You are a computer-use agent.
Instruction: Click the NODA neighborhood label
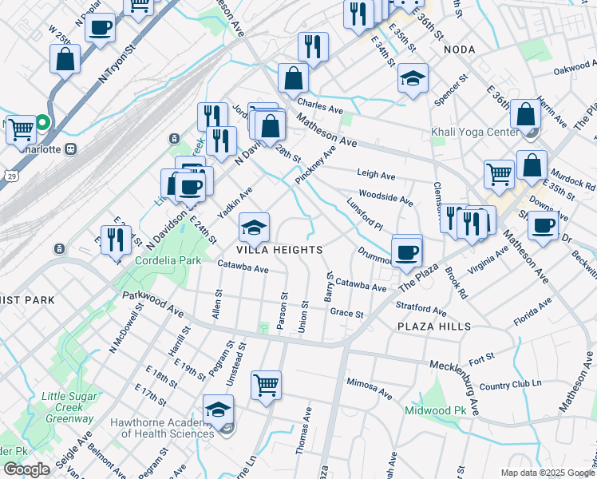(x=460, y=49)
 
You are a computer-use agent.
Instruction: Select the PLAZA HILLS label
(x=434, y=327)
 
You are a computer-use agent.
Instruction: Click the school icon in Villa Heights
(x=254, y=228)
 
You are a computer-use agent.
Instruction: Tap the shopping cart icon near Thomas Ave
(x=266, y=385)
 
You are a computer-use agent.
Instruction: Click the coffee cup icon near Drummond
(x=406, y=251)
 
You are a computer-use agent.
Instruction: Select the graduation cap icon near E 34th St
(x=413, y=78)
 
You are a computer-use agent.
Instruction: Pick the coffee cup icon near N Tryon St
(x=101, y=27)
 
